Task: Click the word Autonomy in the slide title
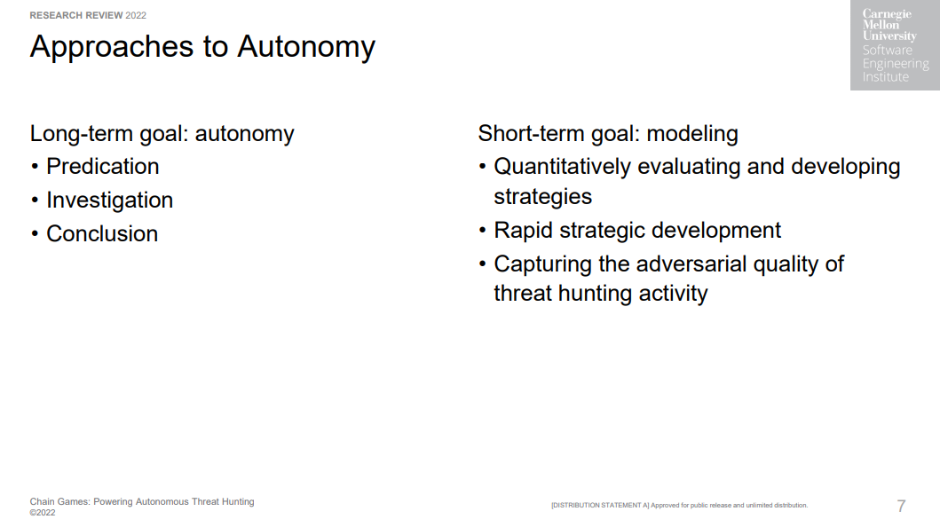pos(305,48)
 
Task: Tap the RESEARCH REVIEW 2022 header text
pos(88,16)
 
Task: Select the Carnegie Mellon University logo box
pos(895,45)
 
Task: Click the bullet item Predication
pos(102,167)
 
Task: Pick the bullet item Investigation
pos(110,200)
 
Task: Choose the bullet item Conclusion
pos(102,233)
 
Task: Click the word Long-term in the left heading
pos(82,134)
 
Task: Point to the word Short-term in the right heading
pos(531,134)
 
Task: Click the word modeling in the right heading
pos(692,134)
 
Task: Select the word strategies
pos(543,197)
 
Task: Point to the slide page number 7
pos(901,506)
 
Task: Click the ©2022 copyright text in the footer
pos(43,513)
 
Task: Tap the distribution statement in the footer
pos(680,506)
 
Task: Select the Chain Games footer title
pos(142,502)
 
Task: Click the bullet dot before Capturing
pos(483,264)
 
